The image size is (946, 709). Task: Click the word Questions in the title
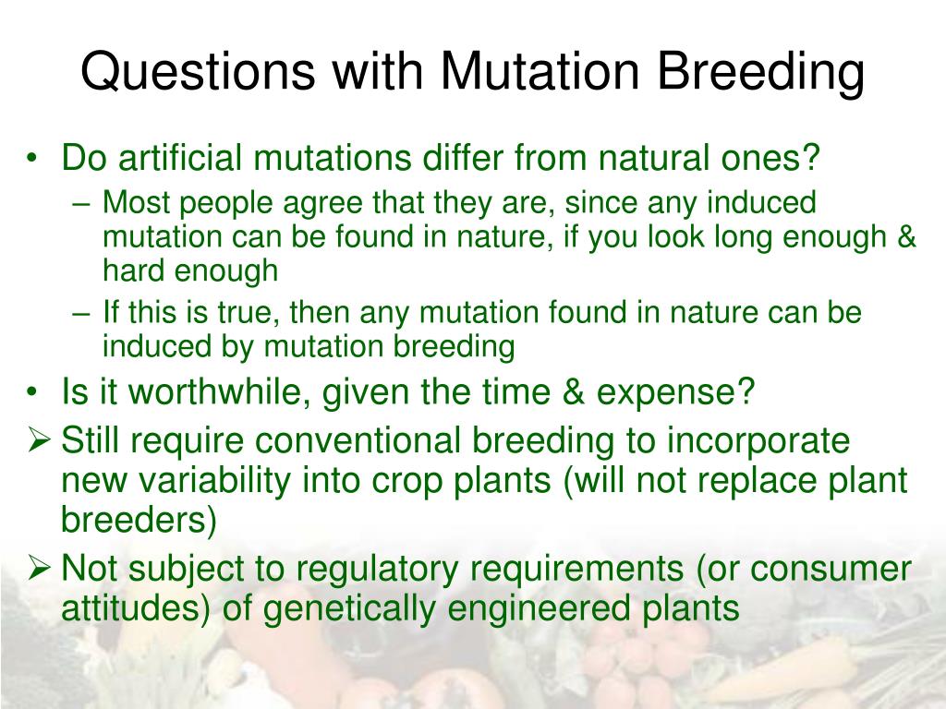click(x=198, y=71)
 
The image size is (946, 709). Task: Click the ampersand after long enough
click(x=906, y=236)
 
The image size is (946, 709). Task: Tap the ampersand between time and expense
click(x=573, y=391)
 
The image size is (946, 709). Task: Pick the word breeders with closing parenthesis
click(x=139, y=520)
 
